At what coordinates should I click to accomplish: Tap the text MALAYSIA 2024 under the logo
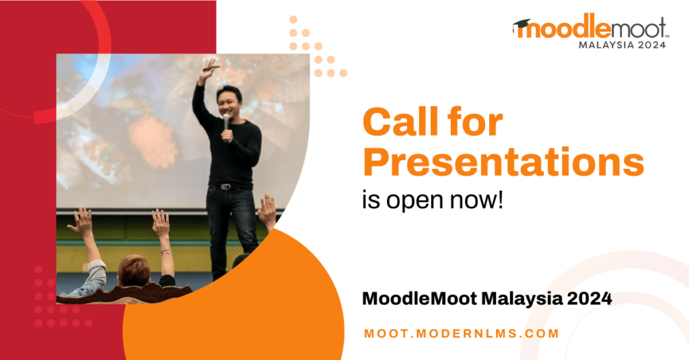622,45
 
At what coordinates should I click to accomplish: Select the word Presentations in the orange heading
503,161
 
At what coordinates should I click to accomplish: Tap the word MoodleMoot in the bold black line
419,299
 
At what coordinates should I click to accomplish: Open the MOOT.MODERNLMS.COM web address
462,333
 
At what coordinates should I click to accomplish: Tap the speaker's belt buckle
226,187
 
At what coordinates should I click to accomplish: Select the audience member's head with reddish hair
134,270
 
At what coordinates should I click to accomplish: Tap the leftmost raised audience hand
81,221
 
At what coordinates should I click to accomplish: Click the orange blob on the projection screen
153,141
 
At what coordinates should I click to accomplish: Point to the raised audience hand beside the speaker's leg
267,211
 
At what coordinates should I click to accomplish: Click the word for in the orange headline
476,122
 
